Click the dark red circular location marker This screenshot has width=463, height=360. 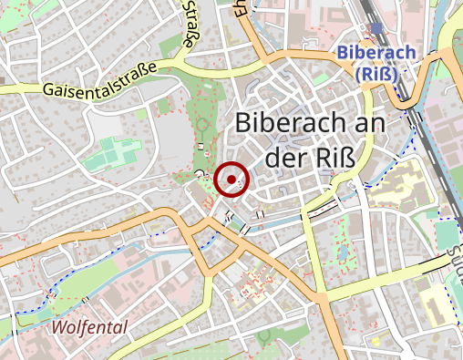point(232,180)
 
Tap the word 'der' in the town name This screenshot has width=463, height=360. point(283,158)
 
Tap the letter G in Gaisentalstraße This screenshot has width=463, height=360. point(48,91)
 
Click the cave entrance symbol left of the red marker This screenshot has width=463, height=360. point(200,173)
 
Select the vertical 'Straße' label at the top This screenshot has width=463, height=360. point(189,26)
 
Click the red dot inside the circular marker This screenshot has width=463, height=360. point(232,180)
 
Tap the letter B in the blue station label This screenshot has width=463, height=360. point(341,52)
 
